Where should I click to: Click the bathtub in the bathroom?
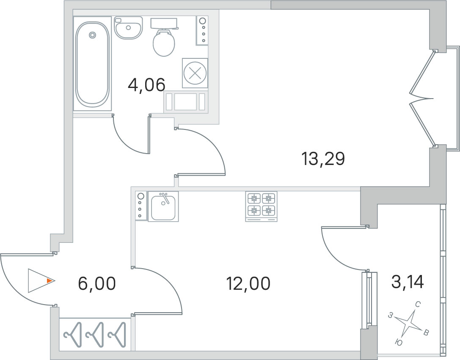[x=92, y=63]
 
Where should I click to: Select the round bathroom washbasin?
[x=129, y=27]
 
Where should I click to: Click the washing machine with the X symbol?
[x=195, y=73]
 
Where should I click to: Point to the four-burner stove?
[x=261, y=206]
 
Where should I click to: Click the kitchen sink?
[x=163, y=206]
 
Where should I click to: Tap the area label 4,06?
[x=147, y=85]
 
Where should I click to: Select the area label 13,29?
[x=323, y=159]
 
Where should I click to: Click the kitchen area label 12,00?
[x=248, y=284]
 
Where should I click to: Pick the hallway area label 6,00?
[x=97, y=284]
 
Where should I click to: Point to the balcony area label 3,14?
[x=408, y=283]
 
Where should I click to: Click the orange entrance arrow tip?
[x=55, y=281]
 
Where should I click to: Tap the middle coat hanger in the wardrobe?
[x=95, y=335]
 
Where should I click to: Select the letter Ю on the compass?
[x=398, y=341]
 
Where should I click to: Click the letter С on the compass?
[x=418, y=305]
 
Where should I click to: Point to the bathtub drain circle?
[x=92, y=35]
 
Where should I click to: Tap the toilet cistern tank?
[x=164, y=23]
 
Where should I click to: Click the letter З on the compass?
[x=390, y=316]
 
